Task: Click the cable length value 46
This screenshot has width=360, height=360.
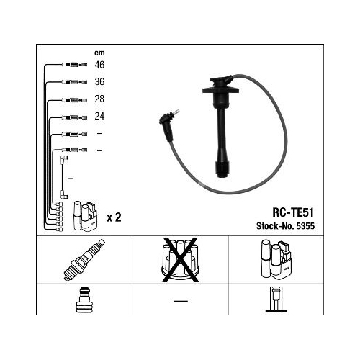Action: (x=99, y=65)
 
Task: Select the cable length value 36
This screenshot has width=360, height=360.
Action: (x=99, y=82)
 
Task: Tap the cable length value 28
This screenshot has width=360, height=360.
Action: (x=99, y=99)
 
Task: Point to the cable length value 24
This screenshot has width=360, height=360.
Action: (x=99, y=116)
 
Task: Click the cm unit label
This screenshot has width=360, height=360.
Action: (x=99, y=53)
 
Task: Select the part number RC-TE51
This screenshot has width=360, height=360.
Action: (x=293, y=212)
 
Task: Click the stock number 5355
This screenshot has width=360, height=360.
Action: (x=305, y=226)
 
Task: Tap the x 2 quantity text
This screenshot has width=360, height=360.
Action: (x=114, y=217)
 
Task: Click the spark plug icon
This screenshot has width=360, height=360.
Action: (x=84, y=260)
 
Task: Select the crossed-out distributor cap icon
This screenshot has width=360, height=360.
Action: (x=180, y=259)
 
